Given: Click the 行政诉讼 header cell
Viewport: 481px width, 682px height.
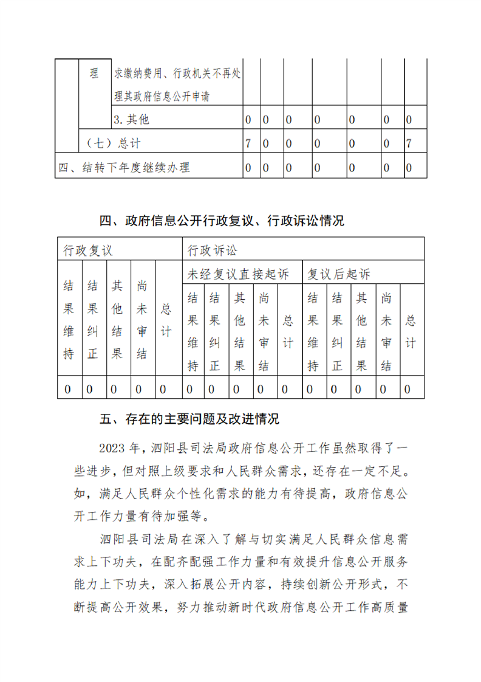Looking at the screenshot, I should pos(213,250).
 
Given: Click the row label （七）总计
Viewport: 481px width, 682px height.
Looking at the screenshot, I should pos(113,143).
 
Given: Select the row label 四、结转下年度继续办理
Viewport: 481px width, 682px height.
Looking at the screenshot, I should pos(128,167).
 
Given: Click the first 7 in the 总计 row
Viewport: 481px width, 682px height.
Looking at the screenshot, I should pos(248,143).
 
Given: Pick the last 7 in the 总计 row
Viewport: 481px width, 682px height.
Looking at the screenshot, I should pos(409,143).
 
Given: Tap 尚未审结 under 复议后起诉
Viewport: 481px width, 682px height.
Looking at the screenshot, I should pos(386,331).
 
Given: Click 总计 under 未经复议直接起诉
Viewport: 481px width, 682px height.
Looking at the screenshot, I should pos(288,331).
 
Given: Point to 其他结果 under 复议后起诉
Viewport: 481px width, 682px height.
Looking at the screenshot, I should pos(361,331).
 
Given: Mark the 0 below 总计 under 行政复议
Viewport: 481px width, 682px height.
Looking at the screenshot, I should pos(162,388).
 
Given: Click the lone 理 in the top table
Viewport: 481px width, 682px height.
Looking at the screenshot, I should pos(94,75).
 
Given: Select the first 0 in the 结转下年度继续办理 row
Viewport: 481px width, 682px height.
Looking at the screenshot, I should pos(248,167).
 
